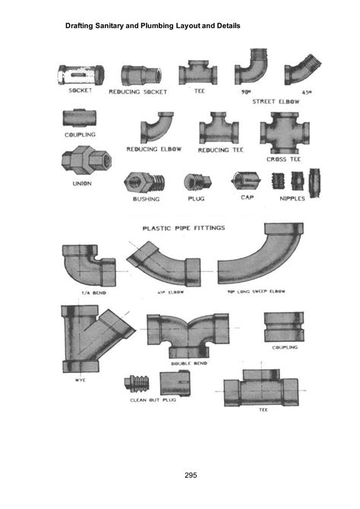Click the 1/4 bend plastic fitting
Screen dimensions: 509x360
click(x=84, y=265)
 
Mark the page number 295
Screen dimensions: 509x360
click(x=191, y=475)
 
